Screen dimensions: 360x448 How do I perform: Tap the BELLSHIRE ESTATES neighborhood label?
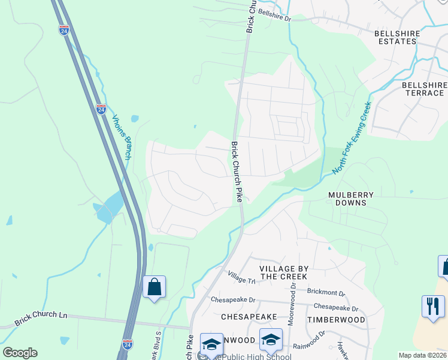395,37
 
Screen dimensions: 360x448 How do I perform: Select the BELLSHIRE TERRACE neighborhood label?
425,89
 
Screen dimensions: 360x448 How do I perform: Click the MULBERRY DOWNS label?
351,199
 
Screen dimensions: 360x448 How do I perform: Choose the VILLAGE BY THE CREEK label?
283,272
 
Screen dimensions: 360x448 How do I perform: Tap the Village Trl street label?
241,277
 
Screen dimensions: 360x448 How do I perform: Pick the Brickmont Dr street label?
326,293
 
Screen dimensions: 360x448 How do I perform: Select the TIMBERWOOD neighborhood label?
336,320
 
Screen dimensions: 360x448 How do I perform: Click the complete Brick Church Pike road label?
237,172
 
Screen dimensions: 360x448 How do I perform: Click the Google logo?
20,353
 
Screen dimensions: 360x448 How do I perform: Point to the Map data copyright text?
423,355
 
